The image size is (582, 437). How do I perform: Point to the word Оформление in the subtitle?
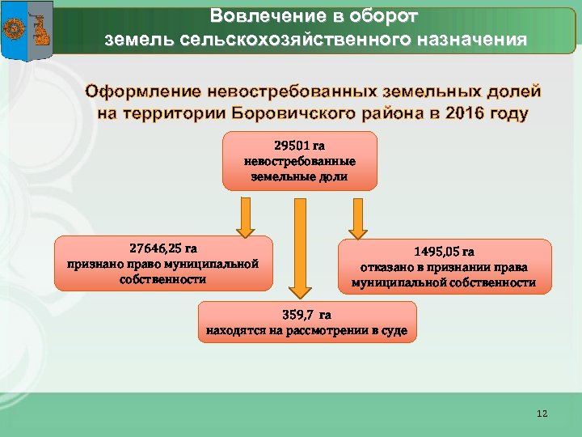[145, 91]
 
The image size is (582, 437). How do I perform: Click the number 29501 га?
[299, 146]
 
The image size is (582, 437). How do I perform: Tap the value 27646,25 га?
[164, 248]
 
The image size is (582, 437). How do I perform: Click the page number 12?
[542, 414]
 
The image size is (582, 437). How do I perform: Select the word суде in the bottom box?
[394, 331]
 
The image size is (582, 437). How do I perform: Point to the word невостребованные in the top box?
[299, 161]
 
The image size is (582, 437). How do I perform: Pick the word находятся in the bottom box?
[234, 331]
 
